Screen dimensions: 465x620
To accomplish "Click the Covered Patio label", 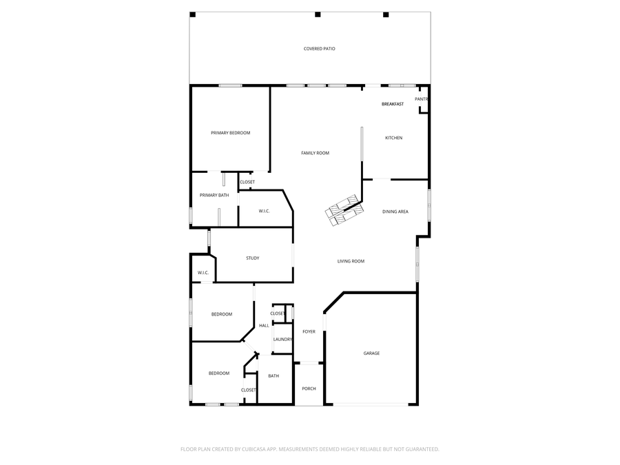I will pyautogui.click(x=320, y=49).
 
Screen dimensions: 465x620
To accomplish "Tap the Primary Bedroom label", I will pyautogui.click(x=230, y=133).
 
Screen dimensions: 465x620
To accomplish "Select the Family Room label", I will pyautogui.click(x=315, y=153).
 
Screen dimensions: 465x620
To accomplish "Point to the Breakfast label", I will pyautogui.click(x=393, y=104).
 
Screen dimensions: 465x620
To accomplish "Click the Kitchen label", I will pyautogui.click(x=393, y=138).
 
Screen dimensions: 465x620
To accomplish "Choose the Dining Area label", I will pyautogui.click(x=395, y=211).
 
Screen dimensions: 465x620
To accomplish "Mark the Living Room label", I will pyautogui.click(x=351, y=261).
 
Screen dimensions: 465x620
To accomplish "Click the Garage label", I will pyautogui.click(x=371, y=353).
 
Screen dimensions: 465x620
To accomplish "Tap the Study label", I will pyautogui.click(x=253, y=258).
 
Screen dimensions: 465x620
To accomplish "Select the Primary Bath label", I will pyautogui.click(x=214, y=195).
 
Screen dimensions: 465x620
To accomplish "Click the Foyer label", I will pyautogui.click(x=309, y=331).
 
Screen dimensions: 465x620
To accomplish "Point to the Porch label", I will pyautogui.click(x=309, y=389).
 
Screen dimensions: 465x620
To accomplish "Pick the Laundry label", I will pyautogui.click(x=282, y=339).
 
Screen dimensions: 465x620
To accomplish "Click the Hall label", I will pyautogui.click(x=264, y=325).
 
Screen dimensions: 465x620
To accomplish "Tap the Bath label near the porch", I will pyautogui.click(x=273, y=376).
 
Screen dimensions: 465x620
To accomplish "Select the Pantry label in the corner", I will pyautogui.click(x=422, y=99).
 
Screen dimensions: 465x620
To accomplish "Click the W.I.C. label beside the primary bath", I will pyautogui.click(x=264, y=211).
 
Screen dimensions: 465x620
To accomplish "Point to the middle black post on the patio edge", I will pyautogui.click(x=318, y=14).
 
